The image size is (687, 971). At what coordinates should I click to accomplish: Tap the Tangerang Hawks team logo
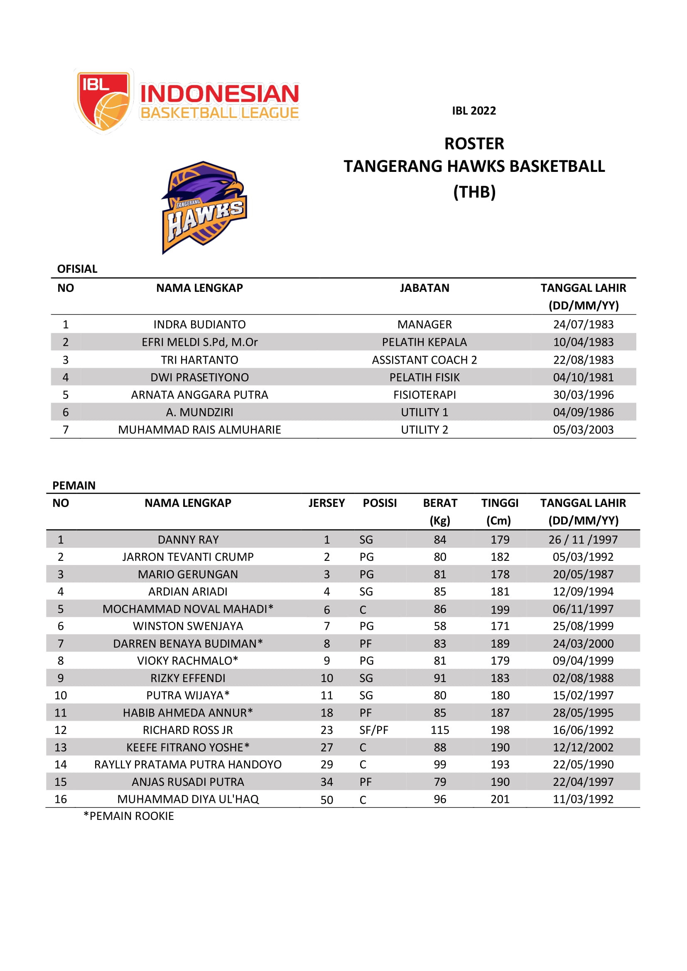[204, 207]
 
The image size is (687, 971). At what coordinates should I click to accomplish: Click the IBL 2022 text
[474, 111]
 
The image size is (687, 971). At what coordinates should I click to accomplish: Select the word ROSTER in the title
[474, 144]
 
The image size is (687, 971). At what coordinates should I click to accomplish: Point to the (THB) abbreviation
[474, 192]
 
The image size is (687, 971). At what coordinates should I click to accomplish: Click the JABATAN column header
[424, 288]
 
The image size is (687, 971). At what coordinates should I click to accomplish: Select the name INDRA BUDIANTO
[199, 324]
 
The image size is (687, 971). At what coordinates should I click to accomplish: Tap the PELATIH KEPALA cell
[424, 342]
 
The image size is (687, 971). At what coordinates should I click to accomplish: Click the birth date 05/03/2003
[583, 430]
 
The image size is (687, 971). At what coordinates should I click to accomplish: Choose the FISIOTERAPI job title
[424, 394]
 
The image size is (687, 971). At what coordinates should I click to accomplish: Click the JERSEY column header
[326, 503]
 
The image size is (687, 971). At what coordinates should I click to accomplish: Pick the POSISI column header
[380, 503]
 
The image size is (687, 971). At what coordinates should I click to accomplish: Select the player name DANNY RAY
[188, 540]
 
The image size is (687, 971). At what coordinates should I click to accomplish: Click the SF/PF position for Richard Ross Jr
[373, 730]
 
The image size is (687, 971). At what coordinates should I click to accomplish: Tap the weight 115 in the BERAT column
[439, 730]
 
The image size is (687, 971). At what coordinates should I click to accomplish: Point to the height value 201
[500, 799]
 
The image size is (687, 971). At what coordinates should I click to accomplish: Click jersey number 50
[326, 800]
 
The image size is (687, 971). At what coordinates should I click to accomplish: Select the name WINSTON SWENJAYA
[188, 626]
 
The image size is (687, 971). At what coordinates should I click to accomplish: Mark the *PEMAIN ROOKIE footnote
[129, 816]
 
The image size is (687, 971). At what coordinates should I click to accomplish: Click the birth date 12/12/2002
[583, 747]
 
